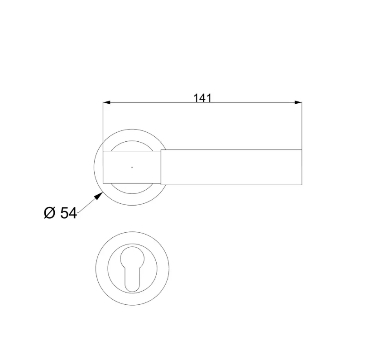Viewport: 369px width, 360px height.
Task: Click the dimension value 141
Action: [x=202, y=98]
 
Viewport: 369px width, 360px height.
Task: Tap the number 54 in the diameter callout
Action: [x=68, y=213]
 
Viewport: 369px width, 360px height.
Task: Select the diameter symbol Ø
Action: [x=49, y=213]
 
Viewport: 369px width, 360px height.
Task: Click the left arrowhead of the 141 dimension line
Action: [x=106, y=102]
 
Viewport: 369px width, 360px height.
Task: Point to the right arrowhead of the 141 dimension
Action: [x=298, y=102]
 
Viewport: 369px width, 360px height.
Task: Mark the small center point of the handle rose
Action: [x=132, y=167]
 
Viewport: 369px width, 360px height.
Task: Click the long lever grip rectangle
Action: [x=231, y=167]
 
